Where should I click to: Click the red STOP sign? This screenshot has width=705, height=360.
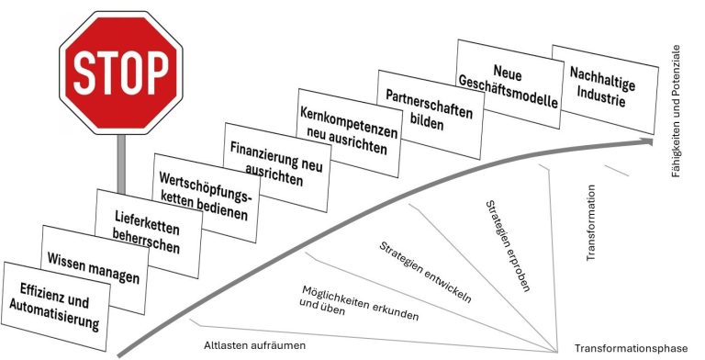coord(121,73)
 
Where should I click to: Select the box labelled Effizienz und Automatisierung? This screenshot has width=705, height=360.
coord(55,306)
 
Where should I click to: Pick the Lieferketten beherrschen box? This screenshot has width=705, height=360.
coord(148,233)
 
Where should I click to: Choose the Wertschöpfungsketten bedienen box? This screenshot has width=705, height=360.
coord(206,198)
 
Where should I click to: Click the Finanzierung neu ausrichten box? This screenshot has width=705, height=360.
coord(276,167)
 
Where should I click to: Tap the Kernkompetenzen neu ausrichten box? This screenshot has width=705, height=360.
coord(349,133)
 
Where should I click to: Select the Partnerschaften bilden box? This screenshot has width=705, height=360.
coord(430,114)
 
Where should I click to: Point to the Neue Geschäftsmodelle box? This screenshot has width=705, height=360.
coord(509,84)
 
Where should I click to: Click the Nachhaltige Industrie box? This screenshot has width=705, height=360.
coord(605,90)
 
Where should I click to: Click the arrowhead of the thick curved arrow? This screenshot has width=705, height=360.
coord(647,141)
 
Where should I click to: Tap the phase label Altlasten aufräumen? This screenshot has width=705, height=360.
coord(254,345)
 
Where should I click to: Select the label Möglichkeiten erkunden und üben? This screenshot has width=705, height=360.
coord(360,304)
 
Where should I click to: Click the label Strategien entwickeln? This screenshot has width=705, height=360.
coord(425,272)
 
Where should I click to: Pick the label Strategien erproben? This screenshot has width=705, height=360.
coord(508,246)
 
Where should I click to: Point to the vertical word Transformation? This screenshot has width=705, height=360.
coord(591,223)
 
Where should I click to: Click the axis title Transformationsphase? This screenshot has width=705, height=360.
coord(631,348)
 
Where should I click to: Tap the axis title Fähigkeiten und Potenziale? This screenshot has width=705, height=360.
coord(676,111)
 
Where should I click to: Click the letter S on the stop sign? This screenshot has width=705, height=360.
coord(85,73)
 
